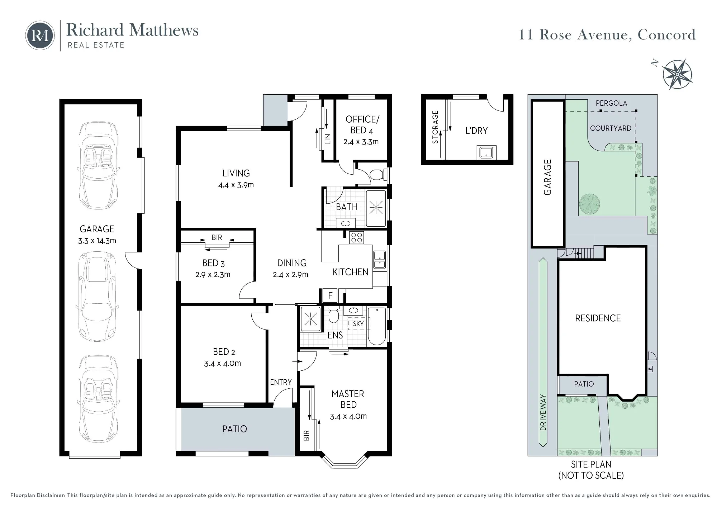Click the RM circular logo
coord(40,35)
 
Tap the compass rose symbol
coord(677,74)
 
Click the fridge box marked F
coord(330,296)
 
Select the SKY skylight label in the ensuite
coord(358,324)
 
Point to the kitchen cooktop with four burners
coord(357,237)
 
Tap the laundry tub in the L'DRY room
coord(486,152)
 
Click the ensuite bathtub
coord(377,326)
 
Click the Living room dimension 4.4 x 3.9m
coord(236,185)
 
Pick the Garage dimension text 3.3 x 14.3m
coord(97,241)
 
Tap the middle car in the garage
coord(97,296)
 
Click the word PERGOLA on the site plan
coord(611,103)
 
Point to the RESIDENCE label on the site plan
coord(598,318)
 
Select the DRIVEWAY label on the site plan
coord(543,412)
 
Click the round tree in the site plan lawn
coord(589,204)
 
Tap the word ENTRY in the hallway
coord(281,382)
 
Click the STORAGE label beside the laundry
coord(435,127)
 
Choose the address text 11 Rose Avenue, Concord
coord(607,35)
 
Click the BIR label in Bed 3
coord(217,237)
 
